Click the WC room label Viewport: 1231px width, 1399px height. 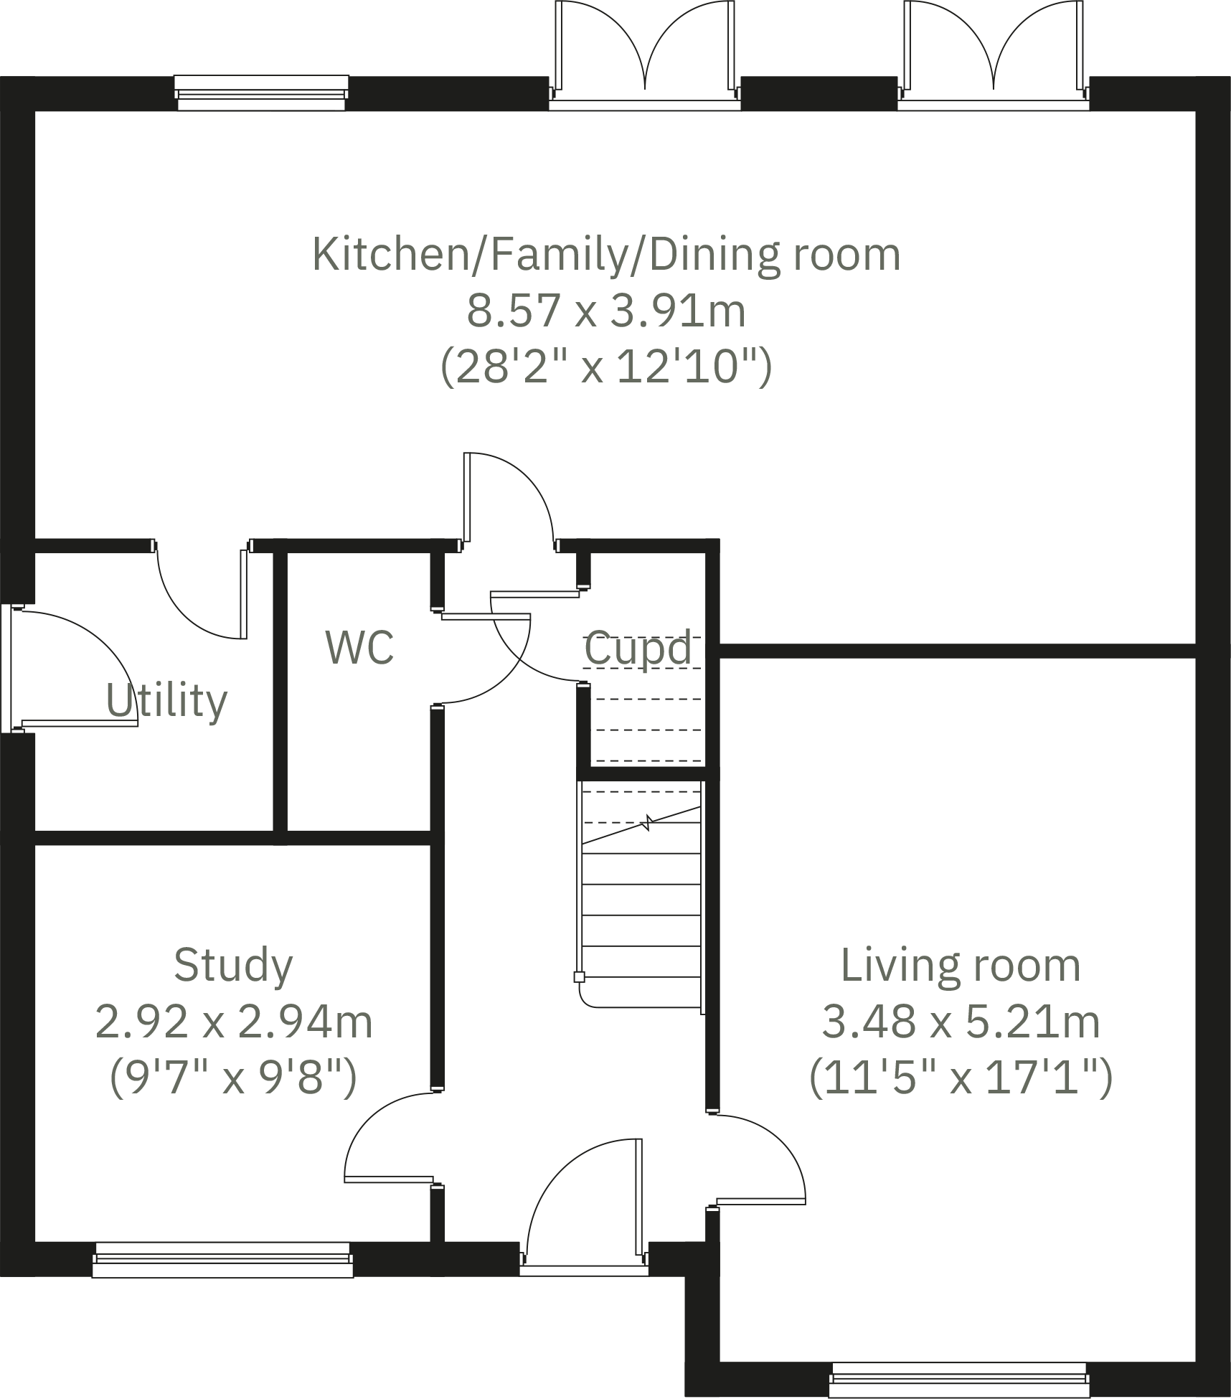point(359,648)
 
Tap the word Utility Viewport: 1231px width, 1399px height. point(166,701)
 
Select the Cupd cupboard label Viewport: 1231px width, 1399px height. point(638,649)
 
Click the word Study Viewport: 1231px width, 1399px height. point(233,965)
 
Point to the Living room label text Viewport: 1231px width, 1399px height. point(961,965)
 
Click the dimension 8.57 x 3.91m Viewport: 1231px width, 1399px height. point(606,311)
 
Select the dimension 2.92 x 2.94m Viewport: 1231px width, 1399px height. point(234,1022)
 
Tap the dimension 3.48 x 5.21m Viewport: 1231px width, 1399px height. point(961,1022)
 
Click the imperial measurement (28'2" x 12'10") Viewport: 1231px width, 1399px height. point(606,367)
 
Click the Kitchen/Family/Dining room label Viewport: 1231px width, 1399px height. point(606,254)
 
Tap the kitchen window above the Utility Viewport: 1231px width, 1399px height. point(261,93)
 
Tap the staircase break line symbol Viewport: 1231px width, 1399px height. point(647,821)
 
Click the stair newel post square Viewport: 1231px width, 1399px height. point(579,976)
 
